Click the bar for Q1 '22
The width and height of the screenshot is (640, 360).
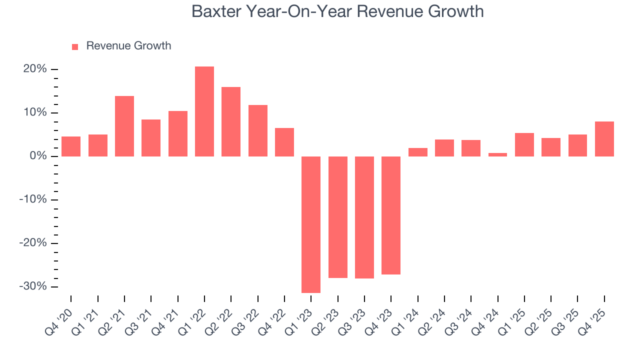click(x=204, y=111)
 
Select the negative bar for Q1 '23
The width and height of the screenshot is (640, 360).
click(x=311, y=224)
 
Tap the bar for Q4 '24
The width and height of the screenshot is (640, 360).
click(x=497, y=154)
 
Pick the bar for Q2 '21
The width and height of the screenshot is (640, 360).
click(x=124, y=126)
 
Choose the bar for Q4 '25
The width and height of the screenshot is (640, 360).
click(x=604, y=139)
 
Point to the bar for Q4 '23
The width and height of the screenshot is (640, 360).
click(x=391, y=215)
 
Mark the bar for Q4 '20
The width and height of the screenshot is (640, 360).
click(x=71, y=146)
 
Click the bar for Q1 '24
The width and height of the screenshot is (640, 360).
click(x=417, y=152)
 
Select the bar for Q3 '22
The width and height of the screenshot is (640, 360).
click(x=258, y=130)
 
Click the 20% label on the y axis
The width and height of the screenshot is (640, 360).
click(x=35, y=69)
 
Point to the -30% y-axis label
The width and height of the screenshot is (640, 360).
click(x=33, y=286)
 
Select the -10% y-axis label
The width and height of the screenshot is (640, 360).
click(x=33, y=199)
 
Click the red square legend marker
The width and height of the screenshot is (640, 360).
click(x=75, y=46)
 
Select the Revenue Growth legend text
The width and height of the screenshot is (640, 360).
click(x=128, y=46)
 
